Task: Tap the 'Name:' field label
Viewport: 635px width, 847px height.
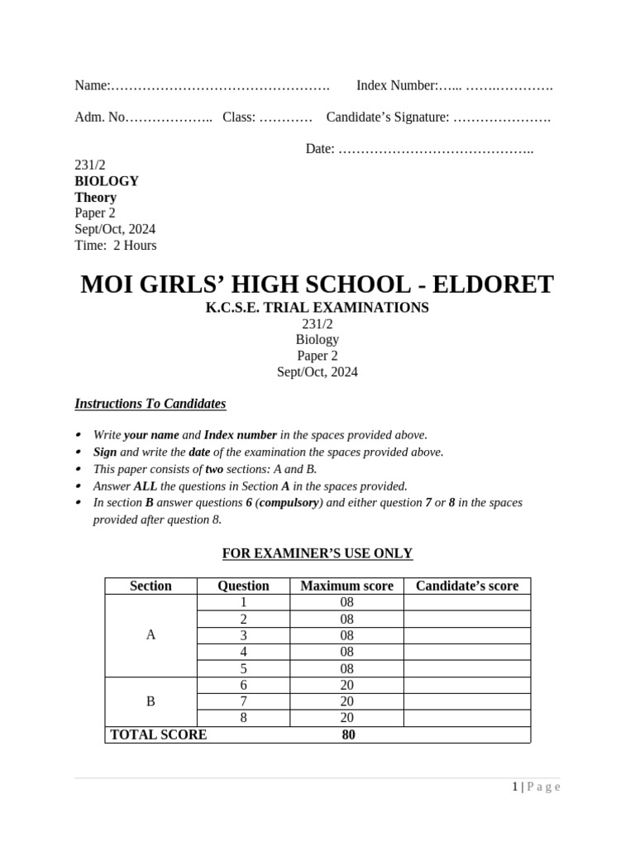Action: (x=92, y=85)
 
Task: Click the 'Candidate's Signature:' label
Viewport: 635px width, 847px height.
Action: (x=388, y=117)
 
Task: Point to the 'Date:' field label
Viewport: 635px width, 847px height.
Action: (x=320, y=149)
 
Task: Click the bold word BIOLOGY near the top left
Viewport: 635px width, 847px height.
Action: (x=107, y=181)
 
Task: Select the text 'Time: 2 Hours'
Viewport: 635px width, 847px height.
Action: (x=115, y=245)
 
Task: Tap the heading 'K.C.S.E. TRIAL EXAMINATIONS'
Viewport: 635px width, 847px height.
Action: (x=317, y=308)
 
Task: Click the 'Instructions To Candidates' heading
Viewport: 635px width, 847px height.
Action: (x=150, y=404)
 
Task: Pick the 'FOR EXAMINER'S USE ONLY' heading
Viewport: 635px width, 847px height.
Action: (x=317, y=553)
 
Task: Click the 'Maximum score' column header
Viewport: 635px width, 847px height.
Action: (x=346, y=586)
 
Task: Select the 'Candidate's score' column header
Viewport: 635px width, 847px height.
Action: (x=467, y=586)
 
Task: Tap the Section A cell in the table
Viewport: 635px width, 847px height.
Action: (x=150, y=635)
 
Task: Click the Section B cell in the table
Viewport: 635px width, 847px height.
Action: (x=150, y=701)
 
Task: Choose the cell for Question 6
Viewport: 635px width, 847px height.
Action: (x=243, y=685)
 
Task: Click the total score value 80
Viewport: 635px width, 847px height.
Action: (x=348, y=735)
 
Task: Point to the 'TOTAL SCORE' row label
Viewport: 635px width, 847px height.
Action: (x=158, y=735)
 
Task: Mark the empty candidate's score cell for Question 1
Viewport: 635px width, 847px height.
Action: (x=467, y=602)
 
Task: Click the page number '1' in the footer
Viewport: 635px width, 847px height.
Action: (x=514, y=787)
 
